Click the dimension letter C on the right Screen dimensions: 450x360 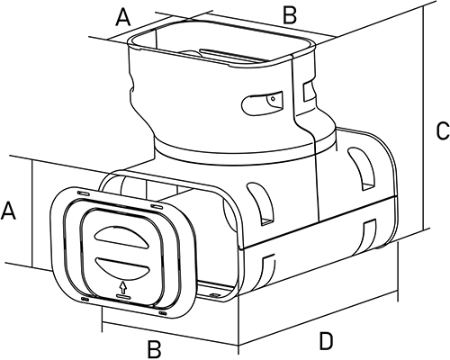[x=443, y=130]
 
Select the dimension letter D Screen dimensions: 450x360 [x=326, y=341]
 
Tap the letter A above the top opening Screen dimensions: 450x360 [x=123, y=17]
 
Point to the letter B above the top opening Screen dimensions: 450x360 [x=290, y=14]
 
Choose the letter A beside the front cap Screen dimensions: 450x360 [x=8, y=211]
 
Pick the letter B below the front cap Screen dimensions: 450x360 [x=154, y=349]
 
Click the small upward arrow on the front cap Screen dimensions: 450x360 [x=123, y=287]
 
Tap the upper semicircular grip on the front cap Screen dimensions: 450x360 [x=121, y=237]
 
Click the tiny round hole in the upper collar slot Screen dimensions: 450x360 [x=273, y=98]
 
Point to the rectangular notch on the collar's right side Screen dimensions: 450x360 [x=309, y=91]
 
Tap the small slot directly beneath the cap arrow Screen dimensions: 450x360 [x=123, y=296]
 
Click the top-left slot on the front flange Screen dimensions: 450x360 [x=83, y=193]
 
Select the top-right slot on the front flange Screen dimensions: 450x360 [x=157, y=206]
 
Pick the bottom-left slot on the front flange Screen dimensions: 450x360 [x=85, y=299]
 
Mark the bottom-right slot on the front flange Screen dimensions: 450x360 [x=163, y=313]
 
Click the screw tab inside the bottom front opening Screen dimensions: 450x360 [x=214, y=295]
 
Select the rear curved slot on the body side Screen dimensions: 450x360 [x=362, y=168]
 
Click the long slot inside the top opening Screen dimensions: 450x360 [x=229, y=56]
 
